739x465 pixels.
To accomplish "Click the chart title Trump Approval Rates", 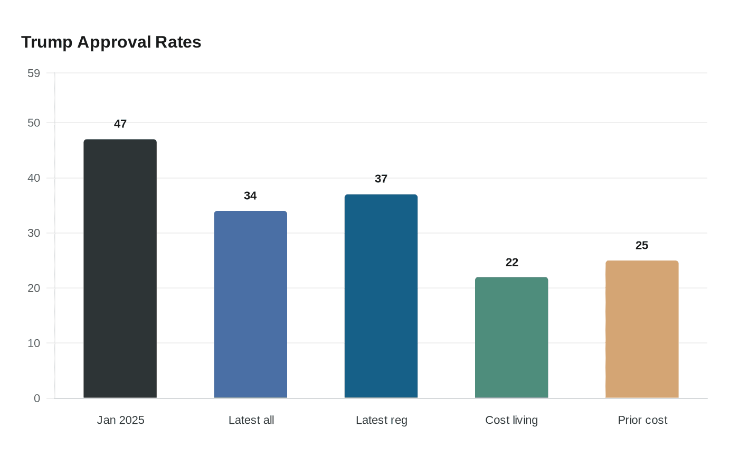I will (111, 42).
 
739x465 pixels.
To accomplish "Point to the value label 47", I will (120, 124).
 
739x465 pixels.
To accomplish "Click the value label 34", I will (250, 196).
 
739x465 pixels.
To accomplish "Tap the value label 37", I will (381, 179).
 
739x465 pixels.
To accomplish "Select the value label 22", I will (512, 262).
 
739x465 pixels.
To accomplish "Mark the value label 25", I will (642, 245).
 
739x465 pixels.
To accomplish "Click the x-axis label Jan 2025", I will (120, 420).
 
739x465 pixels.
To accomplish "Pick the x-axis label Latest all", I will (251, 420).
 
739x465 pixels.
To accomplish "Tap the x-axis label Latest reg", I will (382, 420).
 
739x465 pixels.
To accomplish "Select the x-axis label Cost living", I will (511, 420).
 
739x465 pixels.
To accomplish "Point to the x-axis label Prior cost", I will (642, 420).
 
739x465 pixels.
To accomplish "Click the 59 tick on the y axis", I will (34, 73).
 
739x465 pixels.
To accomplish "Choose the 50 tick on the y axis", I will (34, 123).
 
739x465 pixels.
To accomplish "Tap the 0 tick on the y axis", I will (37, 398).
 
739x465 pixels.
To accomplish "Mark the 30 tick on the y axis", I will (34, 233).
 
